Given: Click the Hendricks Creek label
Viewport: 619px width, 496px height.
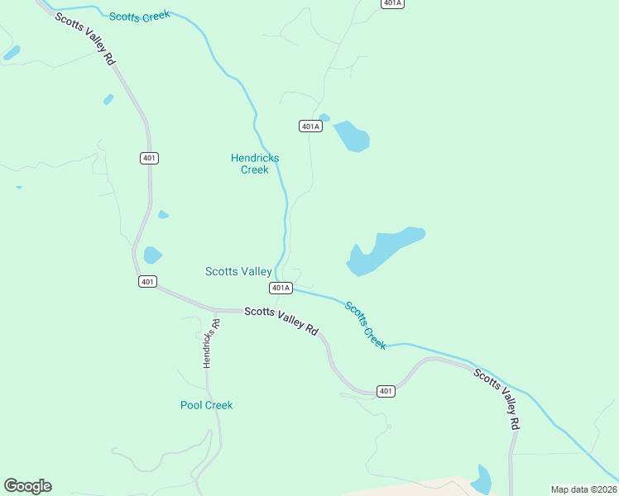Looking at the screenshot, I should click(255, 164).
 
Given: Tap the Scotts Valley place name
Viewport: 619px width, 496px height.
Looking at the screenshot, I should click(238, 271).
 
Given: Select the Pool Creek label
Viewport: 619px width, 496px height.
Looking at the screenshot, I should click(206, 405).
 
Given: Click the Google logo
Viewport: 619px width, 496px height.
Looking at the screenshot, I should click(27, 486).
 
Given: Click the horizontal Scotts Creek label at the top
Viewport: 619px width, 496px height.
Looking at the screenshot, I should click(139, 16).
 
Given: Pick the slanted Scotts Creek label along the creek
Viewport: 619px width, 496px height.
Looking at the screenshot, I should click(365, 325).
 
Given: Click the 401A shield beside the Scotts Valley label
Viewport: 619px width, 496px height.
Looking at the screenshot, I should click(281, 288).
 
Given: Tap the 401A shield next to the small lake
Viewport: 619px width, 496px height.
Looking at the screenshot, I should click(309, 126).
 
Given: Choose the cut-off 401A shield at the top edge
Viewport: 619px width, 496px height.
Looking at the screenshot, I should click(392, 3).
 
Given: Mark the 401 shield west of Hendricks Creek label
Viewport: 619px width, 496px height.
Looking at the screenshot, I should click(150, 158).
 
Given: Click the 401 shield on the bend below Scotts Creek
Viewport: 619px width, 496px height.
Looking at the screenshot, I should click(386, 390).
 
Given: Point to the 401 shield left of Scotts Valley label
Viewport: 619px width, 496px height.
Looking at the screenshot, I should click(147, 282).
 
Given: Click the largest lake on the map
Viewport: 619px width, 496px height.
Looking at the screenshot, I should click(382, 250).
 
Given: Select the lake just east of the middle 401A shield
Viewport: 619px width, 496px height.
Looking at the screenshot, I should click(352, 136).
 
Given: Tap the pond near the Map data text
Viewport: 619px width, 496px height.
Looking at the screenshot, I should click(481, 479).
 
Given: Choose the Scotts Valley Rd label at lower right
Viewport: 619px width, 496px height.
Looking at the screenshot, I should click(497, 398).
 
